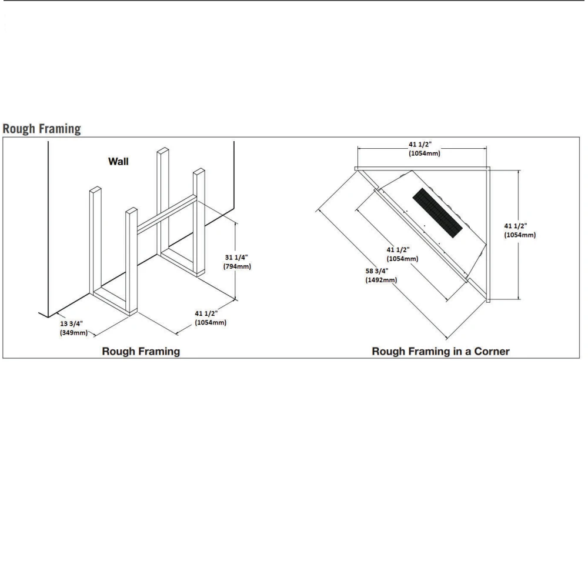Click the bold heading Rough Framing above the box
(x=41, y=129)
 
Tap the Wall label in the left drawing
(x=118, y=161)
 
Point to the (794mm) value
(x=238, y=266)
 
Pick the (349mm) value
(x=73, y=333)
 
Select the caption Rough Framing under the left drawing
(x=141, y=352)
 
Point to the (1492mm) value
(x=381, y=280)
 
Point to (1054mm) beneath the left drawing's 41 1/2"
(x=211, y=323)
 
